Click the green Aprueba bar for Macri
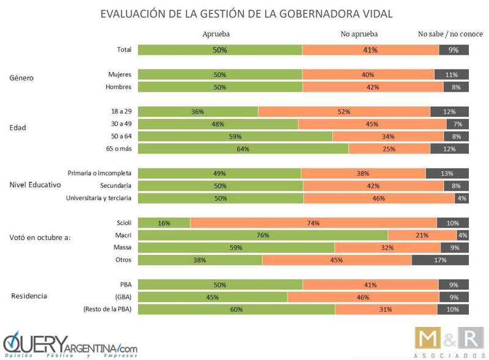click(263, 235)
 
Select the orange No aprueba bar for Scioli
click(313, 223)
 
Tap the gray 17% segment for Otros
click(440, 260)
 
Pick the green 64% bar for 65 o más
click(243, 149)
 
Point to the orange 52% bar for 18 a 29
click(344, 112)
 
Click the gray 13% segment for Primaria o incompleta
click(447, 173)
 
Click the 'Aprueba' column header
click(215, 34)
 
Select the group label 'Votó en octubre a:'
click(41, 237)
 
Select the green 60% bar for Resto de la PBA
click(237, 309)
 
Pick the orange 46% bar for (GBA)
click(362, 297)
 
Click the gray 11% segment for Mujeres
click(452, 75)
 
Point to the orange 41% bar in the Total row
click(370, 50)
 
